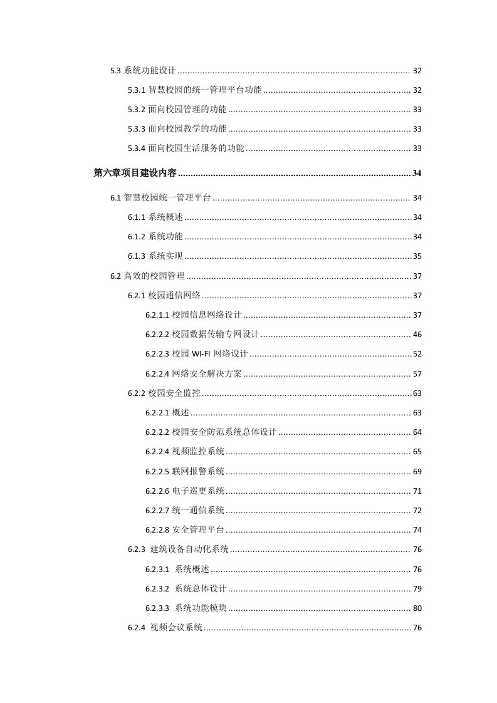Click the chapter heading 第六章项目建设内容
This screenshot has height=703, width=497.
135,173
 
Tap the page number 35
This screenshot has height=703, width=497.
417,256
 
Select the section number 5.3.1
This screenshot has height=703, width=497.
137,90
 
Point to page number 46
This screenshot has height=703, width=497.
417,335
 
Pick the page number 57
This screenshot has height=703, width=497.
417,374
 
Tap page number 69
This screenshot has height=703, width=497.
417,471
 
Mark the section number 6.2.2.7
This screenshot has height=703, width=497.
157,511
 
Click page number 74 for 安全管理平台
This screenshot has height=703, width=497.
417,530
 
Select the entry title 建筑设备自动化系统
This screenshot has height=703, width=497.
190,549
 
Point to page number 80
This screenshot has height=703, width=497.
417,608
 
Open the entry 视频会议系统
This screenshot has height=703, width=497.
176,628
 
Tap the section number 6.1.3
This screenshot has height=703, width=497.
137,256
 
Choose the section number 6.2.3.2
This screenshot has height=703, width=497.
157,589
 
